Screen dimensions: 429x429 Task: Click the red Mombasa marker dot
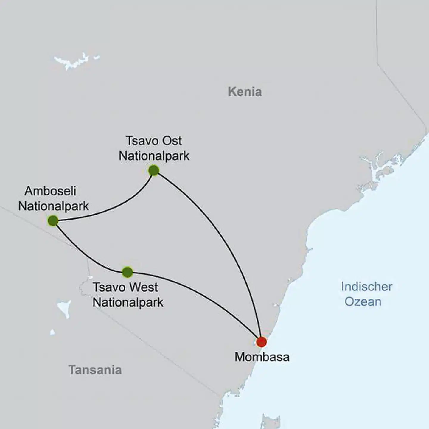[x=261, y=342]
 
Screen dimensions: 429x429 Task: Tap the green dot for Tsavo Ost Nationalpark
[x=153, y=170]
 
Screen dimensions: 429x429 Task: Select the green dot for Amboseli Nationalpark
[x=53, y=221]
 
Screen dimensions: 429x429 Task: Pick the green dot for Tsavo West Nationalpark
[x=128, y=272]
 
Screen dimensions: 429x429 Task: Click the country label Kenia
[x=245, y=92]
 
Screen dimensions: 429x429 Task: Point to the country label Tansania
[x=95, y=370]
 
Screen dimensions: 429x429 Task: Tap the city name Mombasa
[x=262, y=357]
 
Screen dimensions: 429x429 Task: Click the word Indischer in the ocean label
[x=366, y=287]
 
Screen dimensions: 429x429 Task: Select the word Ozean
[x=363, y=302]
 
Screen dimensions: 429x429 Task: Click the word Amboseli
[x=50, y=191]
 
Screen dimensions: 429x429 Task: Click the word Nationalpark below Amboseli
[x=54, y=206]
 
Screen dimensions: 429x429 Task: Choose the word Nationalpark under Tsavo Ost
[x=154, y=156]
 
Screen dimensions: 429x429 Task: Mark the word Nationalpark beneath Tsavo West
[x=128, y=302]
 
